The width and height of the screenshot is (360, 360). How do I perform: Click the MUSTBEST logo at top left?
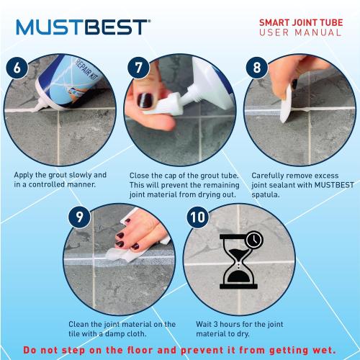click(x=84, y=27)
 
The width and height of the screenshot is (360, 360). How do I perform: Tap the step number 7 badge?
click(x=138, y=68)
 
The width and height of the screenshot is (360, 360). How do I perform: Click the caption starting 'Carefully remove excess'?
click(x=300, y=184)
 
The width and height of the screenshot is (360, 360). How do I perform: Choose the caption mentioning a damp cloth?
click(x=122, y=328)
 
